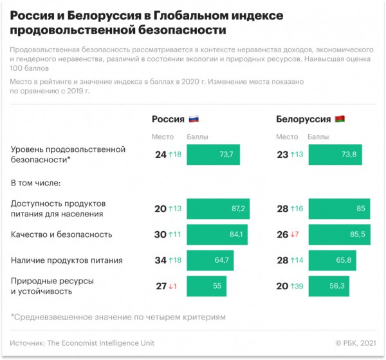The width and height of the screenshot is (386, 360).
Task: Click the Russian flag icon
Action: [194, 119]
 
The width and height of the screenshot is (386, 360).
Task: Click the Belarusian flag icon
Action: [340, 119]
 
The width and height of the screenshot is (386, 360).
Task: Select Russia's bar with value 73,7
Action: [212, 155]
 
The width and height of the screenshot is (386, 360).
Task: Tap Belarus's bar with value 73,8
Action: [335, 155]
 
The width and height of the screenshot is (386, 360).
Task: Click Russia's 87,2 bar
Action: [218, 209]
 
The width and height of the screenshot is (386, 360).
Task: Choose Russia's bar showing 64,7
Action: [210, 260]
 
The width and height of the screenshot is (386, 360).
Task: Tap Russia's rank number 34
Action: [160, 260]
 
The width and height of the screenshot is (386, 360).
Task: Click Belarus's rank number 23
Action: [282, 155]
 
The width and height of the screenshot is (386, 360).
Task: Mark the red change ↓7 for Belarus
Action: [295, 234]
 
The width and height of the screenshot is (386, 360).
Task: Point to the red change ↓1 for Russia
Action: [172, 285]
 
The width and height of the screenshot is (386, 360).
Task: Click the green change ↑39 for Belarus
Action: [297, 285]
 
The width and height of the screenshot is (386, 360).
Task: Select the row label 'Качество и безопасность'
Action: [62, 234]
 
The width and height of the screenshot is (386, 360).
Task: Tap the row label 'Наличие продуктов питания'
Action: [67, 260]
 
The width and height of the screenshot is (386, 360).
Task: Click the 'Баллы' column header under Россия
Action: [197, 137]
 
